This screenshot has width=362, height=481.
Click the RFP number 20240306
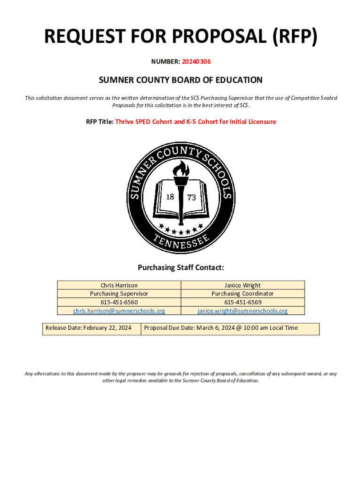click(197, 61)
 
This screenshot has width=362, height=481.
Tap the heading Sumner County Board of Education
click(181, 80)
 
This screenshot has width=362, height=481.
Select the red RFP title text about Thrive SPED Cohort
click(196, 122)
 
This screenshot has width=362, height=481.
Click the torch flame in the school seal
click(181, 168)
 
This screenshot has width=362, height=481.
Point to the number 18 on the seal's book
click(170, 196)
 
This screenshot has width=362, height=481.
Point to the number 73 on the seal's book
click(191, 198)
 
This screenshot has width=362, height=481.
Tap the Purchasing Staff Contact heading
click(181, 268)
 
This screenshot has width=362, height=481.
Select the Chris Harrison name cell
click(119, 285)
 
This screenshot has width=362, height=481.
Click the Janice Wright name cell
click(243, 285)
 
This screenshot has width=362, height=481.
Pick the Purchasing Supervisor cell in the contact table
click(119, 294)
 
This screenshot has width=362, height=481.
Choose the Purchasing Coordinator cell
click(243, 294)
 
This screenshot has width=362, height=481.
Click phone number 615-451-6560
click(119, 302)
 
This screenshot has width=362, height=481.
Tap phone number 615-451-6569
click(243, 302)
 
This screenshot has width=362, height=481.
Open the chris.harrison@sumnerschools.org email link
click(119, 311)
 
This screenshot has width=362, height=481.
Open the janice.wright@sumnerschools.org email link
click(243, 311)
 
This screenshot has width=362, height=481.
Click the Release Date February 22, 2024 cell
click(88, 328)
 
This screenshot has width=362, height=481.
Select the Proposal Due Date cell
click(221, 328)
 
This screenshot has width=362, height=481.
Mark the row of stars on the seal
click(181, 230)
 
